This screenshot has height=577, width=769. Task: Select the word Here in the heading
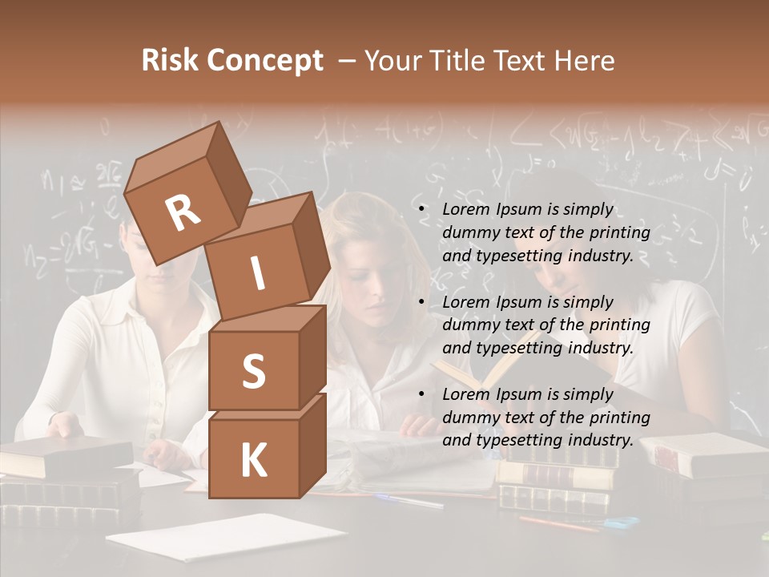click(584, 61)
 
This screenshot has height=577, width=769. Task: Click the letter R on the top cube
click(183, 212)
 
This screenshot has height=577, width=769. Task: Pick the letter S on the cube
click(253, 371)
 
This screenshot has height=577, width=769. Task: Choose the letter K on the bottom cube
click(253, 460)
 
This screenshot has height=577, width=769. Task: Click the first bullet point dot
click(422, 209)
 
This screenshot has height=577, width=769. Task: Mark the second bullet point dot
click(422, 302)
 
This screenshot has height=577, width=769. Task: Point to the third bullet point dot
click(422, 394)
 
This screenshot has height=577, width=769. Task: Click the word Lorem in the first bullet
click(465, 209)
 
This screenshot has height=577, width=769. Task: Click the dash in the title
click(348, 61)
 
